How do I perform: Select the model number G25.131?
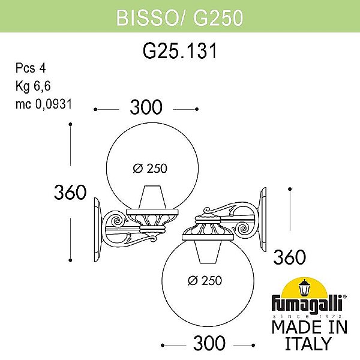coord(179,52)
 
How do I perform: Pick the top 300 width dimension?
coord(146,108)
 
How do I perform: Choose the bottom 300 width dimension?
coord(209,344)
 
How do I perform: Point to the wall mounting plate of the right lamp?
coord(263,219)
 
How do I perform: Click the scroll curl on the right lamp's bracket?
coord(246,228)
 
